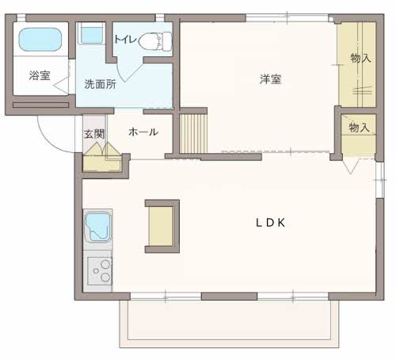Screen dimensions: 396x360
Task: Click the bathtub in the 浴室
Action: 40,40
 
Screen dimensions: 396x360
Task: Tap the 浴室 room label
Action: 40,75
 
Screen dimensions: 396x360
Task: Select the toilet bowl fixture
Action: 155,41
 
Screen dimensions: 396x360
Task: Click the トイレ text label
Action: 125,40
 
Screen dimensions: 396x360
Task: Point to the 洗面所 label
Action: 101,84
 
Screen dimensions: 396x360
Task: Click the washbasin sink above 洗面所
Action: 91,33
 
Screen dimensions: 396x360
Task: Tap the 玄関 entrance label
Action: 94,134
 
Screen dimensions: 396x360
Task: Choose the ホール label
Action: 143,132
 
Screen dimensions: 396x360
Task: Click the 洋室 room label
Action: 271,79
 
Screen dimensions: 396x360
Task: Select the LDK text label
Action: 271,223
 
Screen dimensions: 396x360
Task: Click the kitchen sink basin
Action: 97,228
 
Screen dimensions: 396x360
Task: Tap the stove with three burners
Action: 100,271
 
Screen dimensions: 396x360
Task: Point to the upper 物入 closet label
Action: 360,58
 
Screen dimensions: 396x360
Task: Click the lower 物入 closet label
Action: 359,128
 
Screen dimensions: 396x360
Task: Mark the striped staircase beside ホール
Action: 193,133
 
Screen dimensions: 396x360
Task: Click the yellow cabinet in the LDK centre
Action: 161,227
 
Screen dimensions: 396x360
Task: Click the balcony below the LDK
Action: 229,324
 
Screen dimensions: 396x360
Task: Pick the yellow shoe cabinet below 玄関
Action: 102,163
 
